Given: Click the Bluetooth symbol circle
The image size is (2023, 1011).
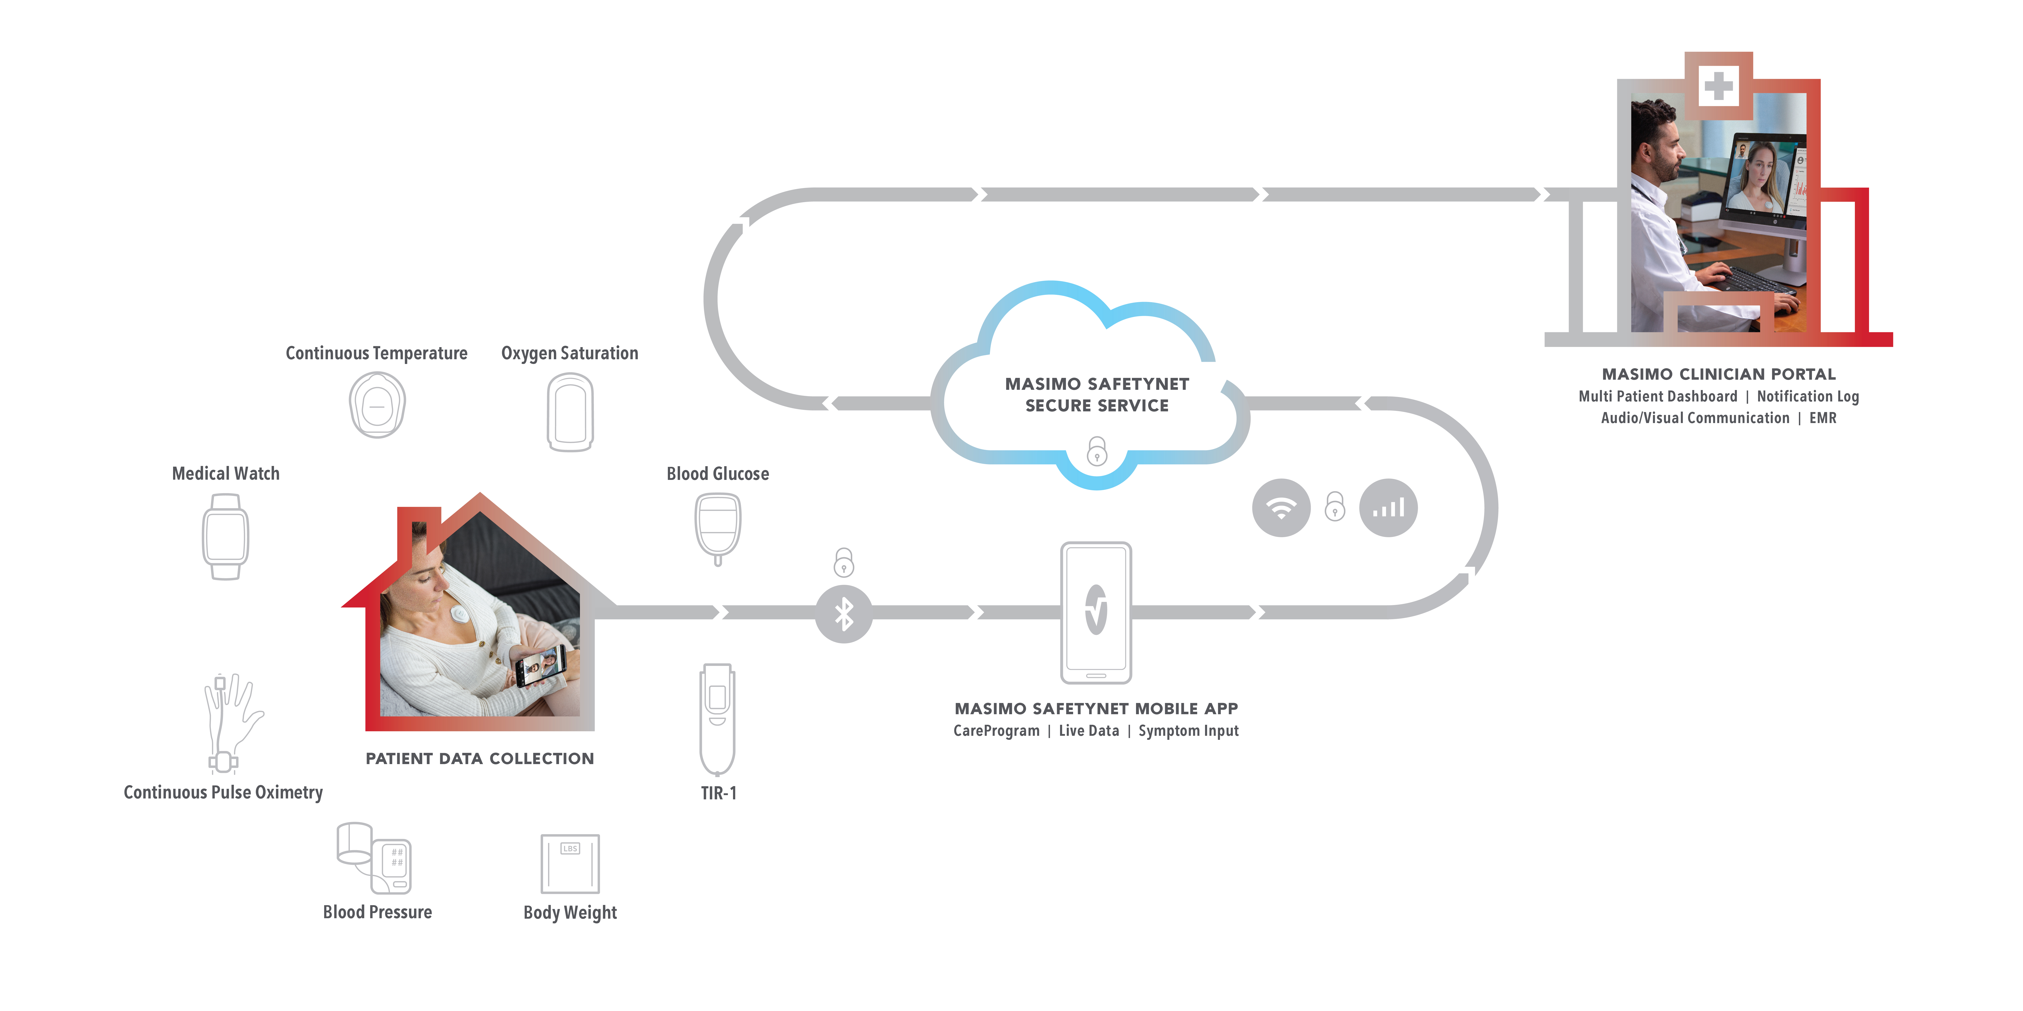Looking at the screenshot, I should pos(843,614).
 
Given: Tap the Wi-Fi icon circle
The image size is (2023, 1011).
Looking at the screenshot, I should pos(1281,508).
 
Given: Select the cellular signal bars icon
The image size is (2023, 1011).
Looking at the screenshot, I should pos(1388,508).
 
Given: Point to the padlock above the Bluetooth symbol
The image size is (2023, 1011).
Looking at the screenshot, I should pos(843,562).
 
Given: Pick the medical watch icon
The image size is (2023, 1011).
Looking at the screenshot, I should pos(225,537).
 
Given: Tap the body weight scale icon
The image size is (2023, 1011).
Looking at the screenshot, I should pos(570,863).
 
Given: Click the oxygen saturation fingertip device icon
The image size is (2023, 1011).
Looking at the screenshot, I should pos(570,412).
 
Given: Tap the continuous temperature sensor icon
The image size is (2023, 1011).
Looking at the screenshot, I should pos(377,405).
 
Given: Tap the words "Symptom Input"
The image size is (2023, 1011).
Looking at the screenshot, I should pos(1188,731).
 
